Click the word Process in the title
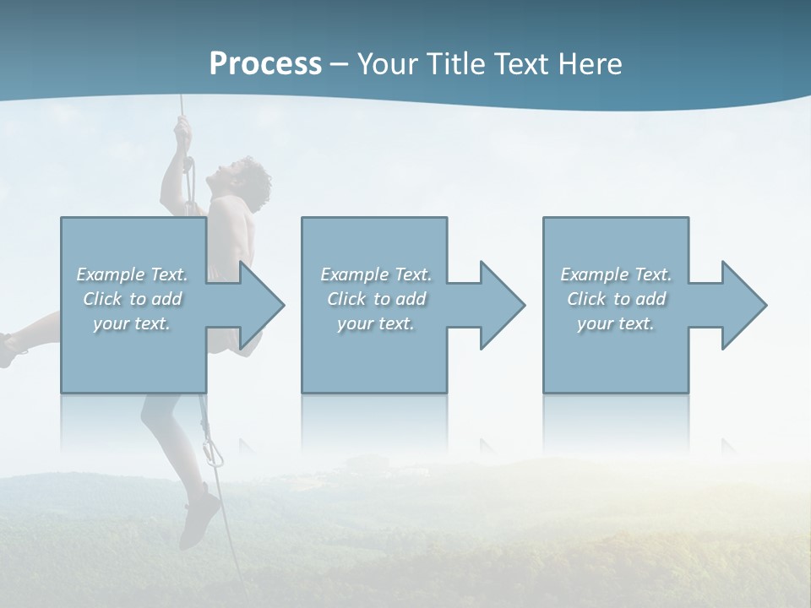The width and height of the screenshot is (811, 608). pos(265,64)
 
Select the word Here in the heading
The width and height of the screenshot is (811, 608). pos(589,64)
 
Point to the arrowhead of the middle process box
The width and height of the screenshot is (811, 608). pos(501,305)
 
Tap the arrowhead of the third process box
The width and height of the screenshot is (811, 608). pos(743,305)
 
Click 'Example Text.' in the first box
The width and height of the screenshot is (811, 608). pos(132,274)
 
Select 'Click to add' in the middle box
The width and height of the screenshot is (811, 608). pos(376,299)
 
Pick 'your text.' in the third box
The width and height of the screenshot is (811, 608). pos(616,323)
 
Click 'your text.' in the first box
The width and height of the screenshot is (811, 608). pos(132,323)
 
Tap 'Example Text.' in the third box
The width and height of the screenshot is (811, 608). pos(616,274)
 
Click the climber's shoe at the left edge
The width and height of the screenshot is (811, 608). pos(8,349)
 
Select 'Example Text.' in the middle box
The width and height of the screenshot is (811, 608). pos(376,274)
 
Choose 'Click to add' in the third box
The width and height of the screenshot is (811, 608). pos(616,299)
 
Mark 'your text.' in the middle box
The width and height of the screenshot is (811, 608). pos(376,323)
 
